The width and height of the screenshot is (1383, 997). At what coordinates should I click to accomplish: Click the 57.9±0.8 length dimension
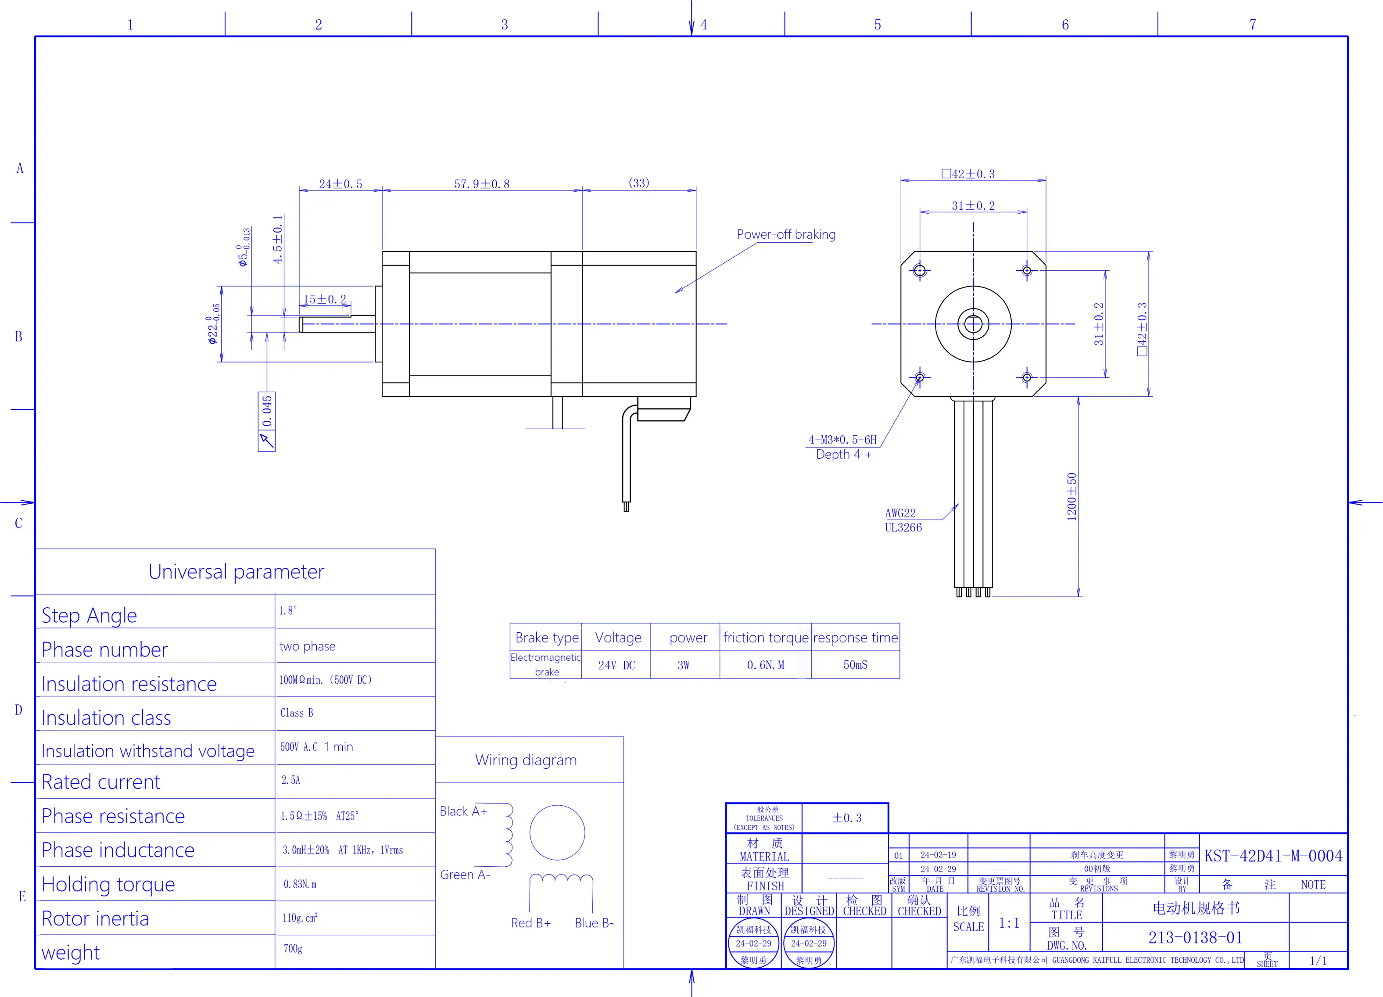coord(482,183)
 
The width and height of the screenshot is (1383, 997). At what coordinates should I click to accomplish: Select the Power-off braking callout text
coord(785,234)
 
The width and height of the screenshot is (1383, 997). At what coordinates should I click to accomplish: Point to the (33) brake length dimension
coord(638,183)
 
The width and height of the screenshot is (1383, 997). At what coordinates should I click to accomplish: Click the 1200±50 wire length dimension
coord(1071,496)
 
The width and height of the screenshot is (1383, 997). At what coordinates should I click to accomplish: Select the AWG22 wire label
coord(900,513)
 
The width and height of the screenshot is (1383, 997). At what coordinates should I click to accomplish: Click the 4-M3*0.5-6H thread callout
coord(842,440)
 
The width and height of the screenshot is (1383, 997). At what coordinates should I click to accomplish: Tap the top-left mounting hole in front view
coord(920,270)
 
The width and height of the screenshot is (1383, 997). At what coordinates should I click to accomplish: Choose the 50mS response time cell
coord(855,665)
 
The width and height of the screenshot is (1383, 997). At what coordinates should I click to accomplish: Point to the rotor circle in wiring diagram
coord(557,832)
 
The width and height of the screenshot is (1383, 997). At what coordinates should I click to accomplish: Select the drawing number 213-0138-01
coord(1195,937)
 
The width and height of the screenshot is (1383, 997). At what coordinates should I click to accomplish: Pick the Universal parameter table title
coord(236,572)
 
